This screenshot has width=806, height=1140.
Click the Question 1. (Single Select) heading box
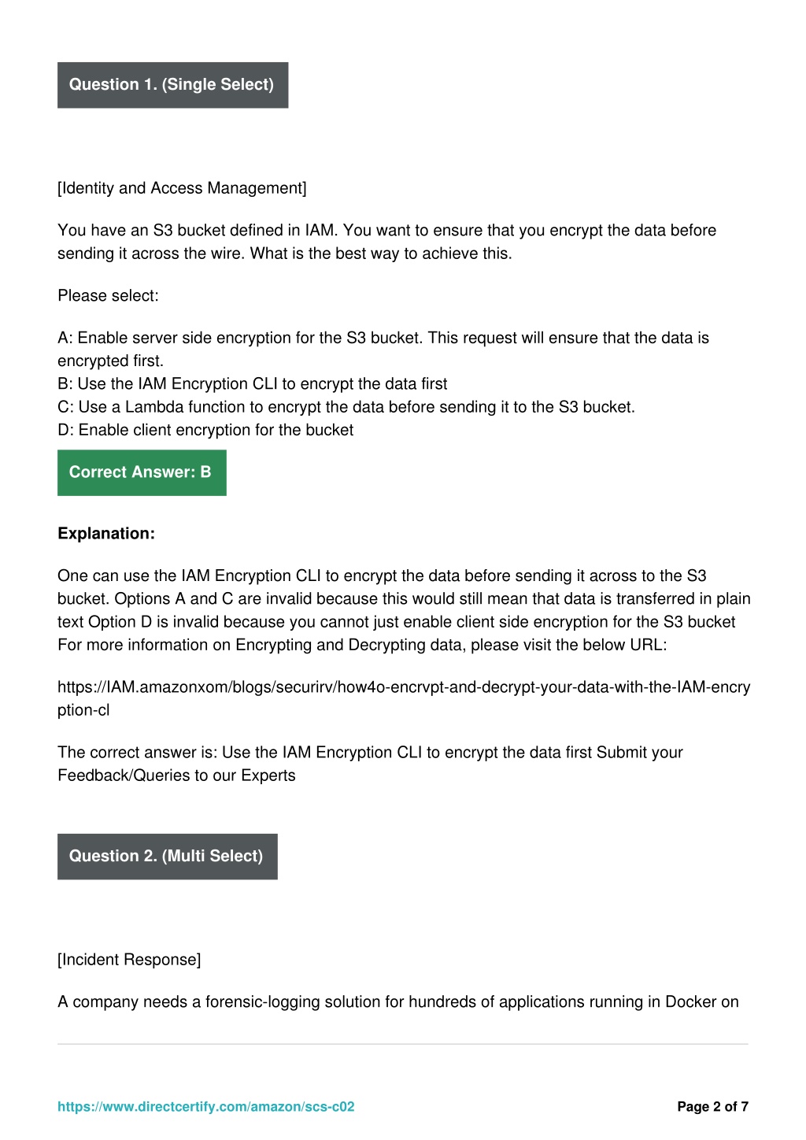pos(172,85)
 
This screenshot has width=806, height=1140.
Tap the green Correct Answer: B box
pos(142,472)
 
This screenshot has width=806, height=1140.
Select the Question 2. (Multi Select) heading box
pos(167,857)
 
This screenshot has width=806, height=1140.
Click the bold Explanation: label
pos(106,534)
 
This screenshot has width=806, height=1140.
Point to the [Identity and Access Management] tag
pos(182,188)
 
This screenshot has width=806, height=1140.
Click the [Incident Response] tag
pos(129,960)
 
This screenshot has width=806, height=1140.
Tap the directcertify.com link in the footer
pos(205,1107)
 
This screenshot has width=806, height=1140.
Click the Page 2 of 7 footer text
pos(712,1107)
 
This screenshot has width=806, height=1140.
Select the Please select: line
pos(108,296)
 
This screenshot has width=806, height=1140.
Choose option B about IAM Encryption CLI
pos(252,384)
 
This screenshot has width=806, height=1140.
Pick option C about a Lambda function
pos(346,407)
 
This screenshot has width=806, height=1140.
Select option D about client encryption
pos(205,430)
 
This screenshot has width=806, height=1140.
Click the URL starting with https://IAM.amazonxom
pos(403,687)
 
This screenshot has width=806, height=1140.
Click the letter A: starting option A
pos(65,339)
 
